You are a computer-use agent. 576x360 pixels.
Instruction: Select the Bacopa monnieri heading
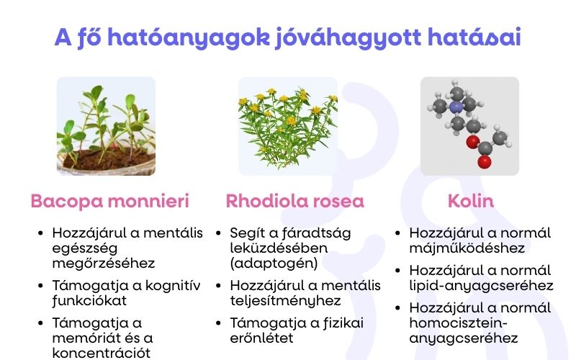point(109,201)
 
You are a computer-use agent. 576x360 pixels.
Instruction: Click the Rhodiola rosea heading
point(294,201)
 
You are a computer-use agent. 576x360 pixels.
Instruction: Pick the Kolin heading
point(470,201)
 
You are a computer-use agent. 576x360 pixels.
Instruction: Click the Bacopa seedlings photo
point(106,126)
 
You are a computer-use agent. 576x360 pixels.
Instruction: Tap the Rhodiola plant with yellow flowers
point(288,126)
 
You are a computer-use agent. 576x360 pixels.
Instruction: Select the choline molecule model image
point(469,126)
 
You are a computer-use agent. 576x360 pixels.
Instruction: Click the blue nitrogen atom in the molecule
point(455,107)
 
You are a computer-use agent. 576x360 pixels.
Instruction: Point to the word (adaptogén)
point(274,263)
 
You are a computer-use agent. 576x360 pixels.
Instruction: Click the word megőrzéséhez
point(103,263)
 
